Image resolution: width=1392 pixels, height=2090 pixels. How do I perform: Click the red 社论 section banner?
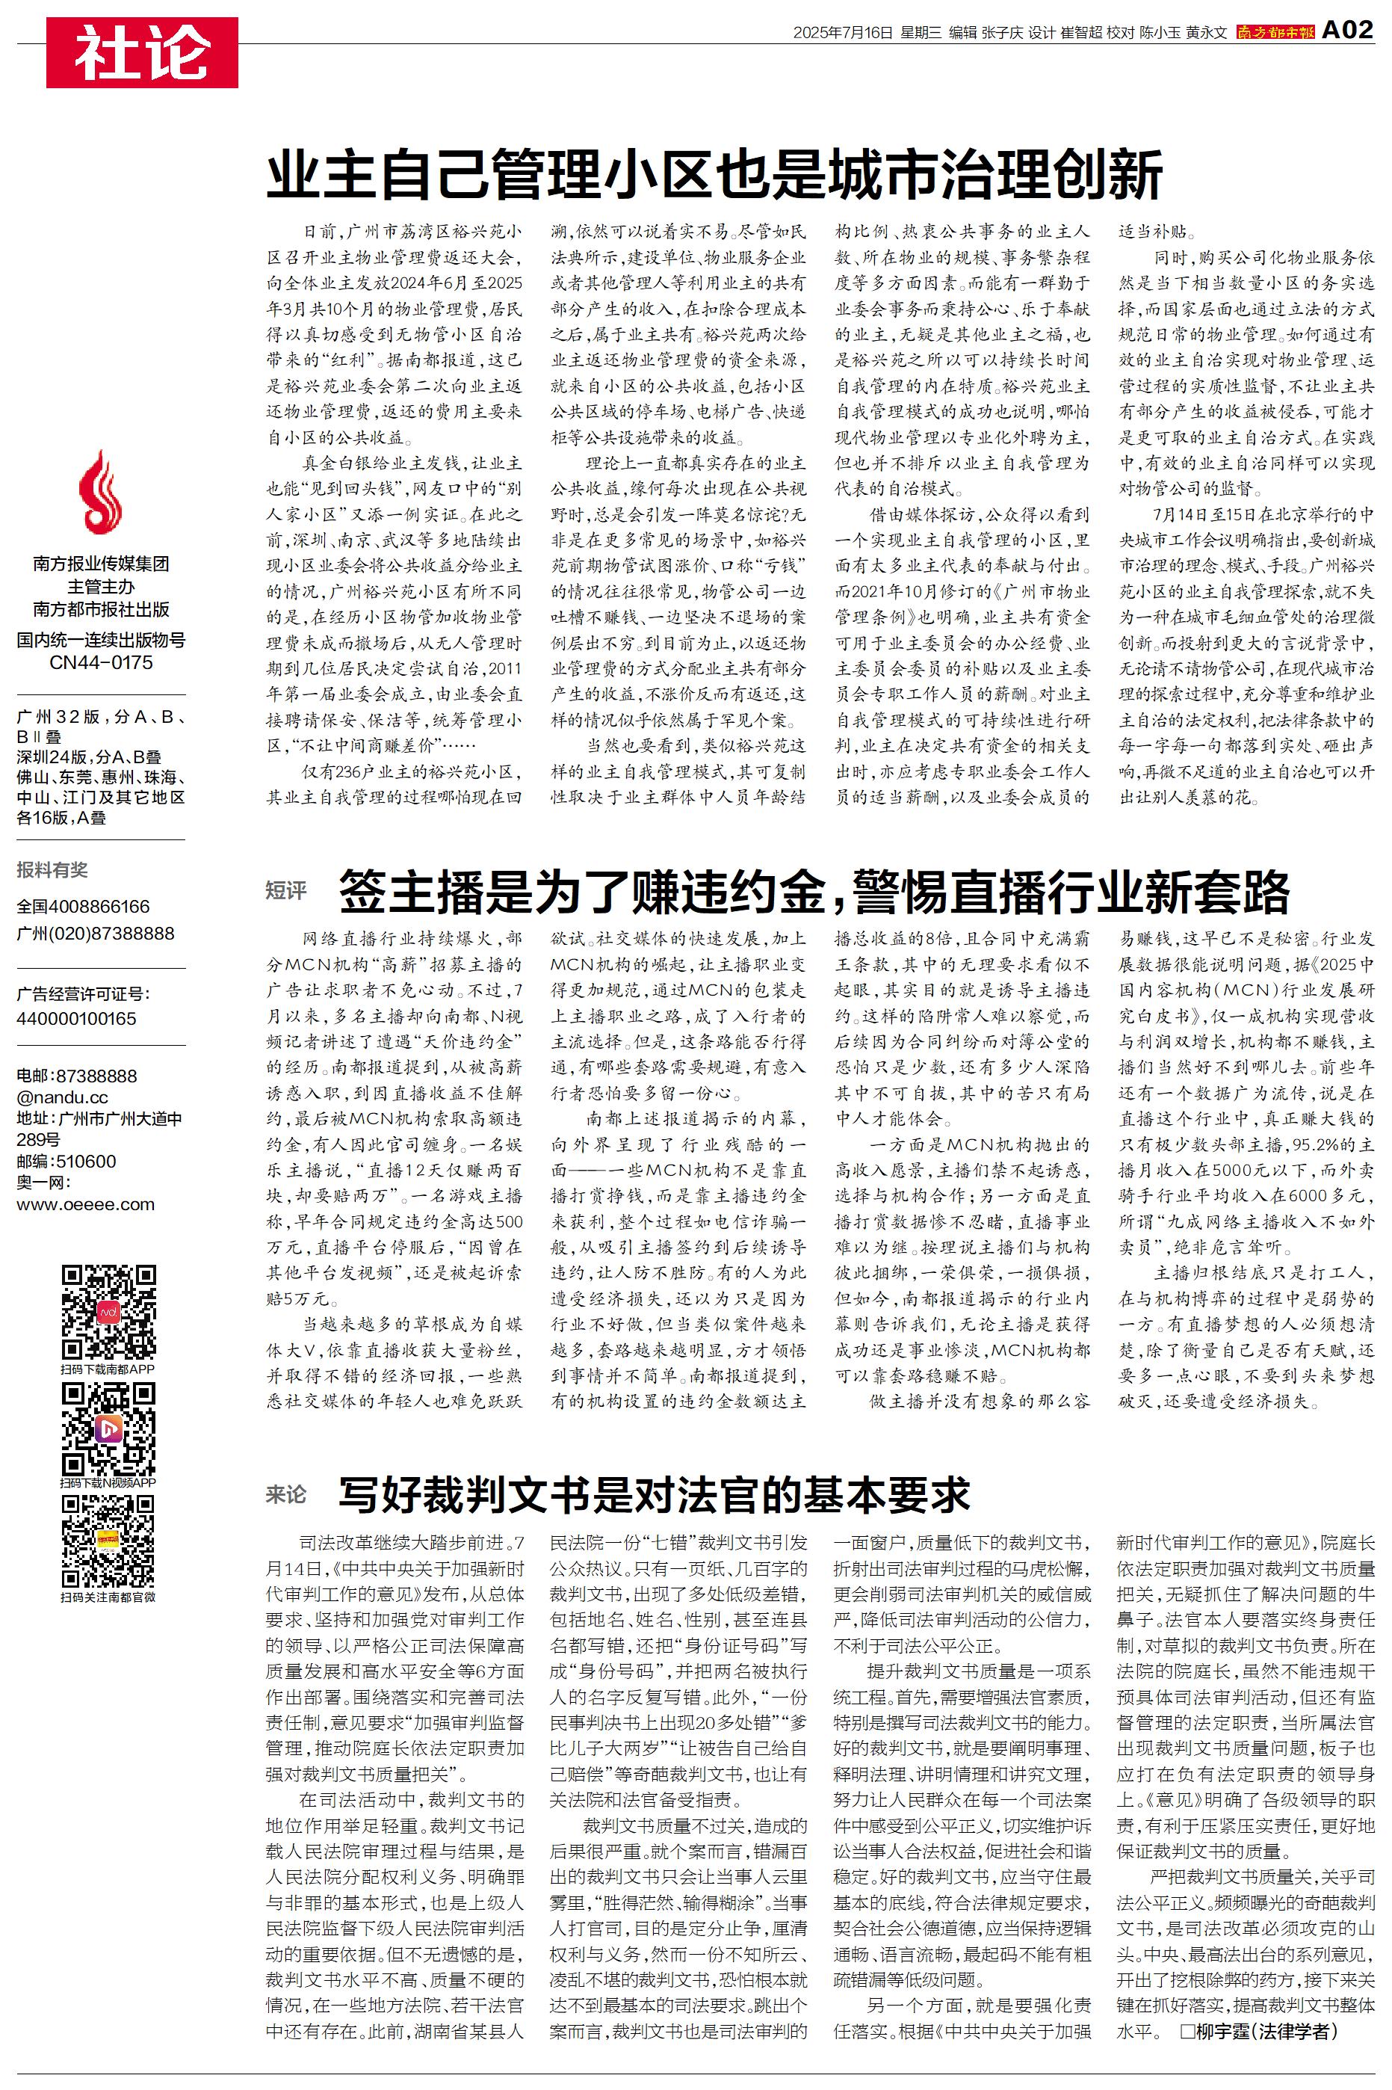click(x=142, y=52)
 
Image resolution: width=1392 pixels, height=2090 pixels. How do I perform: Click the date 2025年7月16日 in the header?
click(x=841, y=33)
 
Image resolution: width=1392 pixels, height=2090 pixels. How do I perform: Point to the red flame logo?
click(x=100, y=491)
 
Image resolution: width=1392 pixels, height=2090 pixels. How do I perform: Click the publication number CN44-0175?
click(x=101, y=662)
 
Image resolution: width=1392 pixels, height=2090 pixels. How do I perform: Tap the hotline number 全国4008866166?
click(x=84, y=907)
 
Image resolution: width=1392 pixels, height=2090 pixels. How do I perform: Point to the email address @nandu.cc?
click(x=62, y=1097)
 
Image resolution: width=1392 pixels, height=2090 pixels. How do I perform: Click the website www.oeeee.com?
click(x=85, y=1205)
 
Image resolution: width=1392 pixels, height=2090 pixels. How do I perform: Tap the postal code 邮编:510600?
click(x=66, y=1162)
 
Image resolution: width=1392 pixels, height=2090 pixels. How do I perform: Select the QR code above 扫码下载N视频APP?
click(x=108, y=1428)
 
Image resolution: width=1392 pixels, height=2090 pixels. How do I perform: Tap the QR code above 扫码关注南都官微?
click(x=108, y=1541)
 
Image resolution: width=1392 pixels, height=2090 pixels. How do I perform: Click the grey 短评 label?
click(x=286, y=890)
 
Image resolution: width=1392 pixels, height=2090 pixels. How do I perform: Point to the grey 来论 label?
click(x=286, y=1495)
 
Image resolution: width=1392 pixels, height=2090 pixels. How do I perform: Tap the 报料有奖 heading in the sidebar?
click(x=52, y=870)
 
